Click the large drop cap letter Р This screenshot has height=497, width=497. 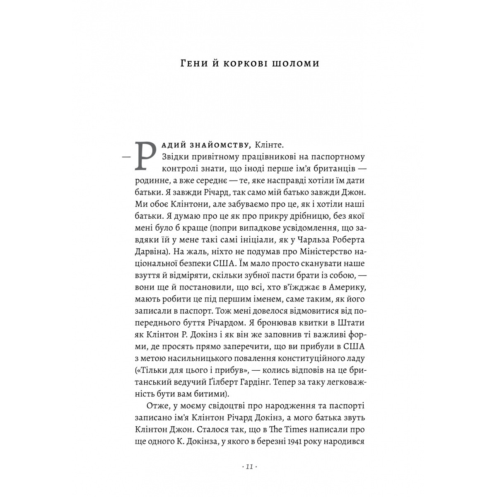pos(145,154)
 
